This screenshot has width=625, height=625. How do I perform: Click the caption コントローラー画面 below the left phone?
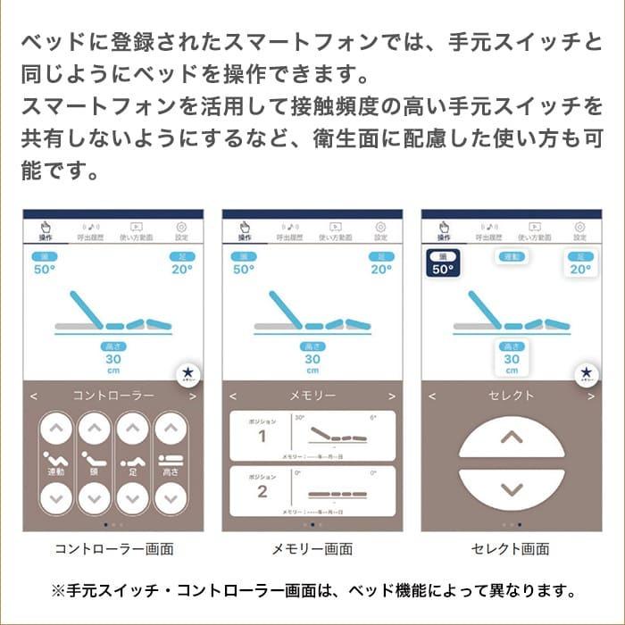click(113, 549)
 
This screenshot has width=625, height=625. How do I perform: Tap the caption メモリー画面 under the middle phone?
click(312, 549)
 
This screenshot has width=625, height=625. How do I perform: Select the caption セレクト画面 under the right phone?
click(511, 549)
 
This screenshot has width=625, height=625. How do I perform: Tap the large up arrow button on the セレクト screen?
click(511, 438)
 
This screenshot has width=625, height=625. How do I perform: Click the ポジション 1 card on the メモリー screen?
click(312, 436)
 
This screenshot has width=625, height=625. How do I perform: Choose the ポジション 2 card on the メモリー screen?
click(312, 490)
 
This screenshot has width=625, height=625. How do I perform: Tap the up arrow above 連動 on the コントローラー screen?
click(55, 429)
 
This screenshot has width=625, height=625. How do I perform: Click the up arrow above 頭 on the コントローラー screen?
click(94, 429)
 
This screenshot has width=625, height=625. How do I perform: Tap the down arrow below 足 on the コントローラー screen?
click(132, 496)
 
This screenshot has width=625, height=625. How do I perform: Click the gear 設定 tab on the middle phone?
click(381, 231)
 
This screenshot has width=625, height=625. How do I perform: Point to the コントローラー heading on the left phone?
click(113, 395)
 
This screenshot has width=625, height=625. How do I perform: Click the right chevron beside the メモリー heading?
click(391, 396)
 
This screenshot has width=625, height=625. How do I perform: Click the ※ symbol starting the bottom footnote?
click(60, 591)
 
